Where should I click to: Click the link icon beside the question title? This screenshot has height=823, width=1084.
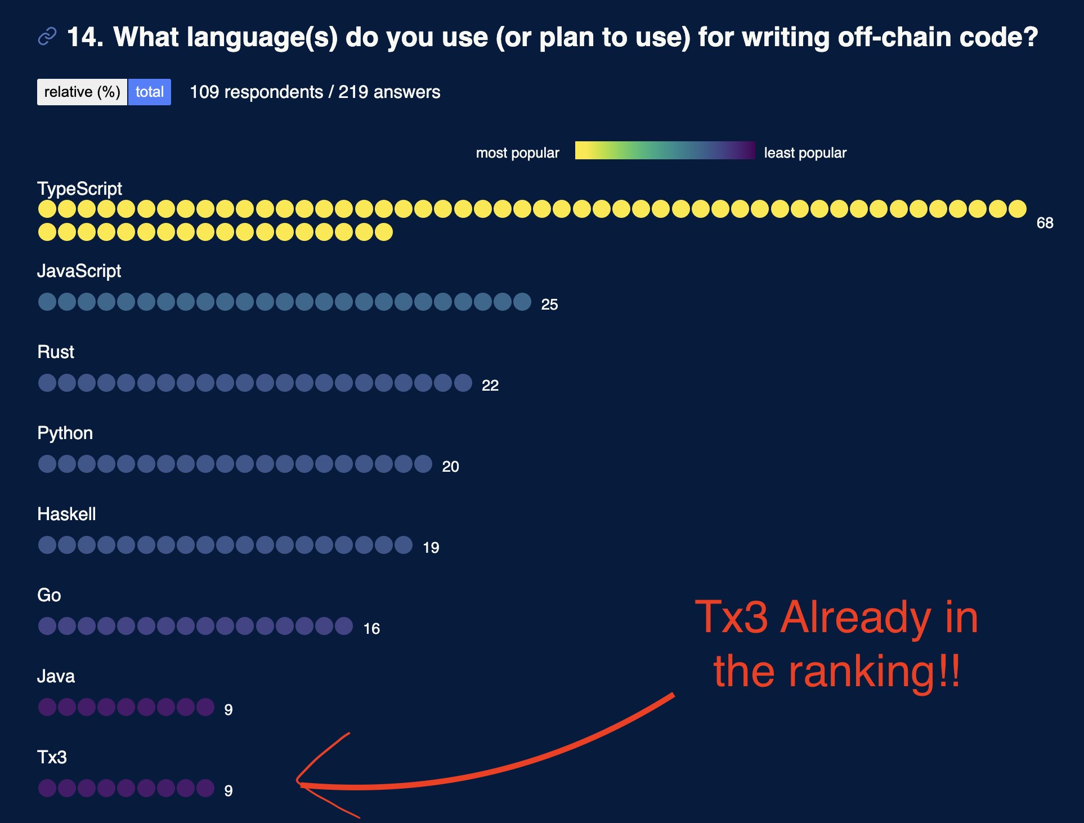47,37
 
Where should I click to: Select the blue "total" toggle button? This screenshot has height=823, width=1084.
150,92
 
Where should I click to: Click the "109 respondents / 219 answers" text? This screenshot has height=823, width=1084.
315,92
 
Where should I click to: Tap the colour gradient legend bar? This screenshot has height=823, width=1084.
665,150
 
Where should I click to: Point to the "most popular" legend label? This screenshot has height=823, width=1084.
517,153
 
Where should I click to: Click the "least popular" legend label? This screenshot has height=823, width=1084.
805,153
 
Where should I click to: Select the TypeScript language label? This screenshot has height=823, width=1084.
79,189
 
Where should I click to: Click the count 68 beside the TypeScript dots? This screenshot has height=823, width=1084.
1045,223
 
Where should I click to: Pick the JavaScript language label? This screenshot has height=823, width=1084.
79,271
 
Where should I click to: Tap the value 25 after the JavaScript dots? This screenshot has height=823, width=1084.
549,305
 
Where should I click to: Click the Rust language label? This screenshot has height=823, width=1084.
56,352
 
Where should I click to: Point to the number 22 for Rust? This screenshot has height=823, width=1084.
490,386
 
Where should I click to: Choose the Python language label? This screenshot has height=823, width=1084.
65,433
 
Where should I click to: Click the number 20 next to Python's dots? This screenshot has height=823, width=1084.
450,467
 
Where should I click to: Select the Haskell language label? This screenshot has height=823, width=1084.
66,514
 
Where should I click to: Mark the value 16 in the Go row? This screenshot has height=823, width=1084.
371,629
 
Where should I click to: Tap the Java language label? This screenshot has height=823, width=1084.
56,676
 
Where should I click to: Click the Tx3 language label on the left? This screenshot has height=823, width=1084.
52,757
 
